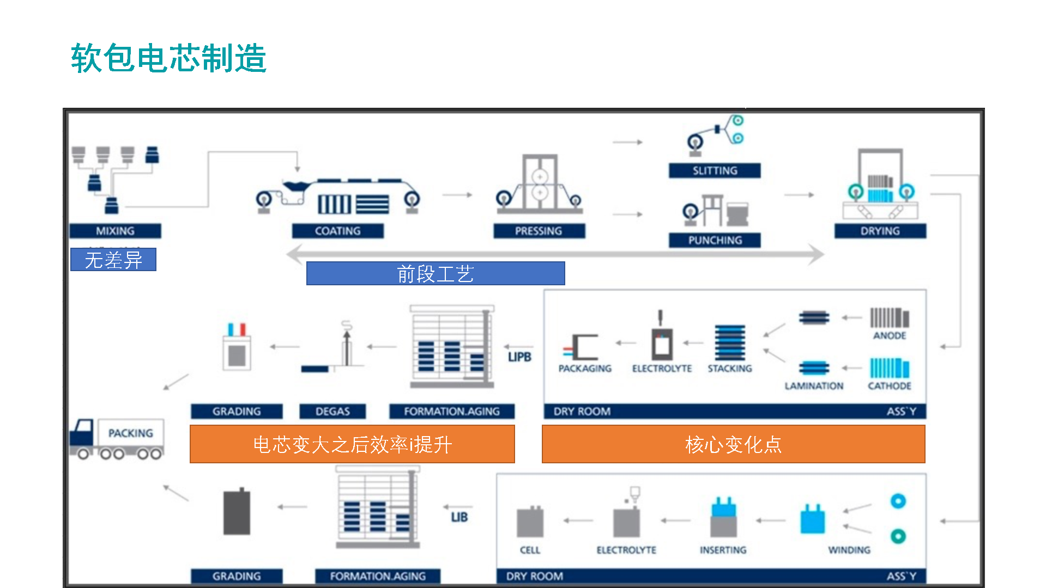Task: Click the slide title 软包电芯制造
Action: coord(168,58)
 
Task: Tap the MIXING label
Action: coord(115,231)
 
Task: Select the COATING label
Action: coord(337,231)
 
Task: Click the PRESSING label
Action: coord(539,231)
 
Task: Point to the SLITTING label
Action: coord(715,170)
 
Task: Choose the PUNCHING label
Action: coord(715,240)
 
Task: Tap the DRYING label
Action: coord(880,231)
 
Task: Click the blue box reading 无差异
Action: coord(113,260)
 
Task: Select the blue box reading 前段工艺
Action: coord(435,273)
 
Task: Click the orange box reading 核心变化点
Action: coord(733,444)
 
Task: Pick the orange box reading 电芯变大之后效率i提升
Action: coord(352,444)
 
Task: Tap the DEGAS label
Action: coord(332,411)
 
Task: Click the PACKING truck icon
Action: coord(117,439)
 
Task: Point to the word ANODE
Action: coord(890,335)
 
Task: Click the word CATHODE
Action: coord(890,386)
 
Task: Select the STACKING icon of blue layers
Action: coord(730,342)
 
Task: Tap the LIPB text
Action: coord(519,357)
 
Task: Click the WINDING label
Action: coord(849,550)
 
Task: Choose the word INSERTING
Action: coord(723,550)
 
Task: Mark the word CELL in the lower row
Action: coord(530,550)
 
